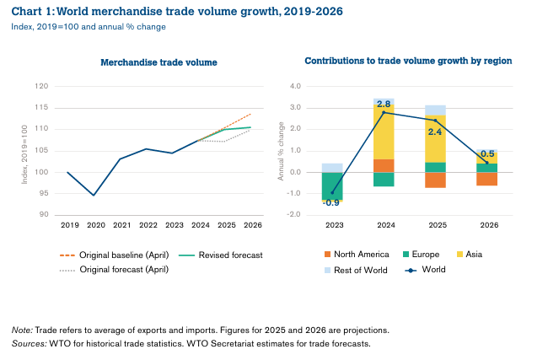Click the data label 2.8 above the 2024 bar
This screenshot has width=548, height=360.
point(384,104)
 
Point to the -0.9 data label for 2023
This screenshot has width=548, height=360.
point(331,202)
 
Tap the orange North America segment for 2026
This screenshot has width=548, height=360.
point(487,178)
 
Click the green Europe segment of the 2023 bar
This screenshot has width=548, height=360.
point(332,185)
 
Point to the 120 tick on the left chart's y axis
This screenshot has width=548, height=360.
point(42,86)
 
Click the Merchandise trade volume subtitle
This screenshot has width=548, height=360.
point(158,62)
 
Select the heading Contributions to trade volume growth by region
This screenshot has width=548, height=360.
point(408,62)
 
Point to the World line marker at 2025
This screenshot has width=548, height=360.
point(436,120)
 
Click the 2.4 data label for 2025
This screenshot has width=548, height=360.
point(436,132)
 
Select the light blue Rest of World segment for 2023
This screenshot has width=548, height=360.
point(332,168)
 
